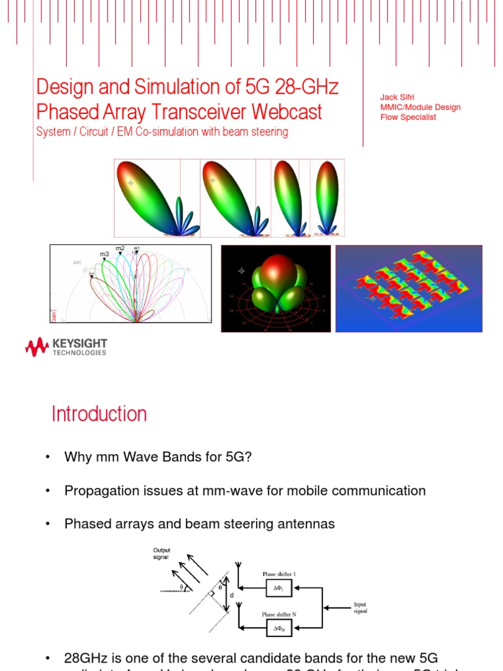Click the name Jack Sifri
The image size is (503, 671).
coord(397,98)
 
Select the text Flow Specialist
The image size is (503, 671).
coord(408,117)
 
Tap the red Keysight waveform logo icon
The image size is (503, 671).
coord(37,347)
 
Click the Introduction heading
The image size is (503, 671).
coord(99,414)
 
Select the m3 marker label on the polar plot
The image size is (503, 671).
coord(104,254)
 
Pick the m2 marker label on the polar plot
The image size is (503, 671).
coord(120,248)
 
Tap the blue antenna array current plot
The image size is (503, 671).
coord(409,288)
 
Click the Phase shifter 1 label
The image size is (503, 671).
coord(279,574)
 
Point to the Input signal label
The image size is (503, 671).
coord(360,607)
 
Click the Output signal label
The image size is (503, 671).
coord(161,554)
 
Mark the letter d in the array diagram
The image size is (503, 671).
coord(231,596)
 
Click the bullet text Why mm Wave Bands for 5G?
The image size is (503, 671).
coord(158,457)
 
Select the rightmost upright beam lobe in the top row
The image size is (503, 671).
coord(327,197)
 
